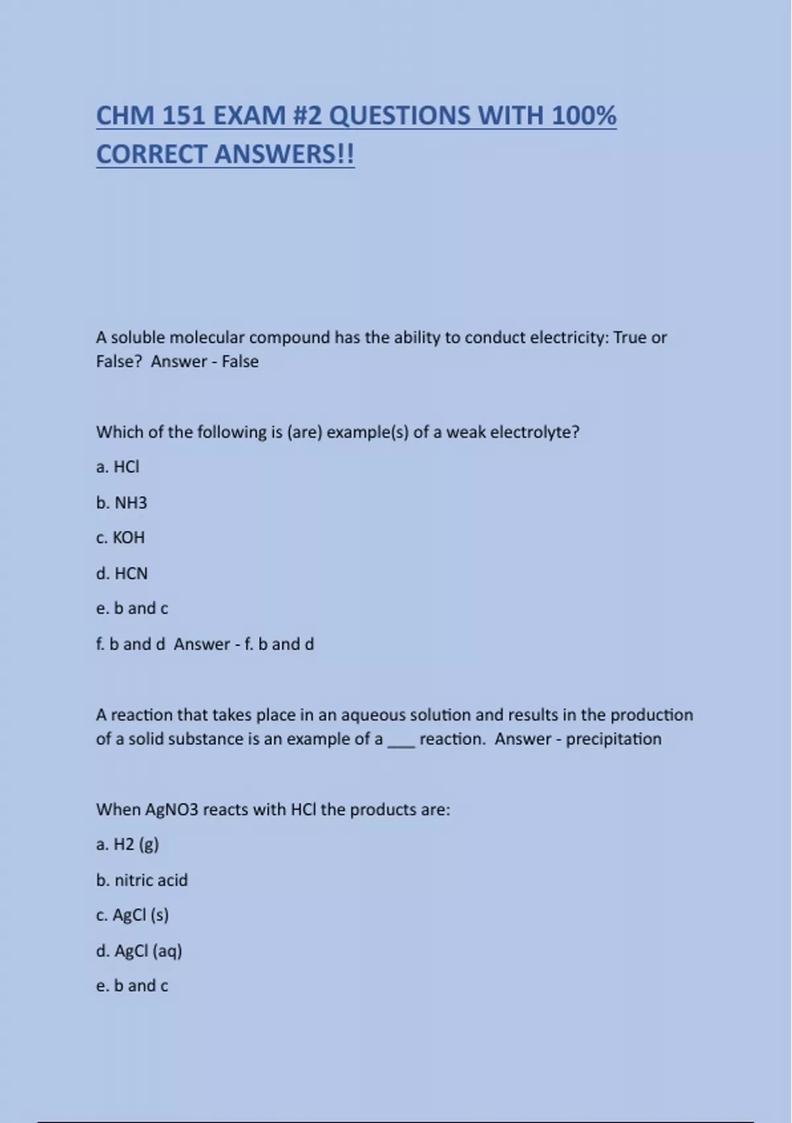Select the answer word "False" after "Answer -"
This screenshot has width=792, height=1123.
pyautogui.click(x=240, y=361)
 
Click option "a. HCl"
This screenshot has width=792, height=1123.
pyautogui.click(x=118, y=467)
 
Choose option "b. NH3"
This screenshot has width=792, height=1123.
pyautogui.click(x=121, y=503)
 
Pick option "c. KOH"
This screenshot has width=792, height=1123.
pyautogui.click(x=120, y=538)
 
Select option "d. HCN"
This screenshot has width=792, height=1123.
pyautogui.click(x=121, y=573)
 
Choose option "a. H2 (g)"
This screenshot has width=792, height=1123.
pyautogui.click(x=127, y=844)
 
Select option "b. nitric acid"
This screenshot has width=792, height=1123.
pyautogui.click(x=142, y=880)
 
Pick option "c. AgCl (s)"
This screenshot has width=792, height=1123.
pyautogui.click(x=132, y=915)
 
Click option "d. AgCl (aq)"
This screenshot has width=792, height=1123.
pyautogui.click(x=139, y=951)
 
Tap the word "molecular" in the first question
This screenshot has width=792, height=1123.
pyautogui.click(x=207, y=338)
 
